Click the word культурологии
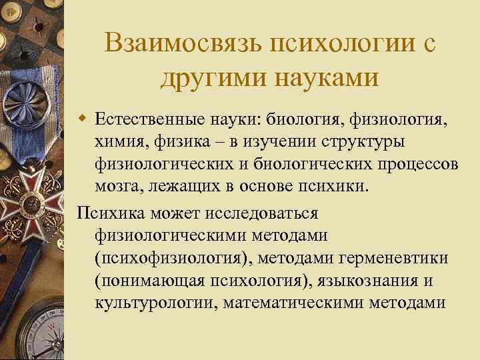click(153, 301)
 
